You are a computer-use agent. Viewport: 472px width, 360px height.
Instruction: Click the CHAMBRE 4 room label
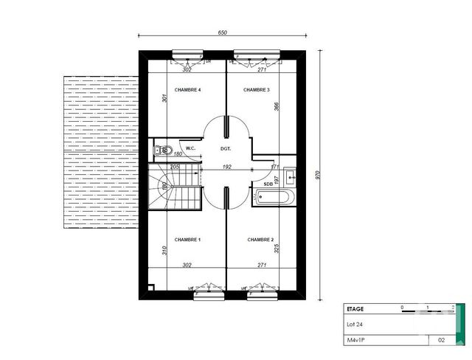[187, 90]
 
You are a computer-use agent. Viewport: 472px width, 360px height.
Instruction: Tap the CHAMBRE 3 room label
[257, 90]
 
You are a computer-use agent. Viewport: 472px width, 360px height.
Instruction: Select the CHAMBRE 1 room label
[187, 240]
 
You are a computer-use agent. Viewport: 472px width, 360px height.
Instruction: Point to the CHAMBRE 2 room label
[260, 240]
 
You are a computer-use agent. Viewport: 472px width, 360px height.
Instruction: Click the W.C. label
[190, 149]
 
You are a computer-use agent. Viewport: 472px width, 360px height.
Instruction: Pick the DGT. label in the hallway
[226, 149]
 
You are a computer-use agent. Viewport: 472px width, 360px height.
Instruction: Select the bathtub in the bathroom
[274, 197]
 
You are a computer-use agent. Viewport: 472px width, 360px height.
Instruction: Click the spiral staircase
[175, 188]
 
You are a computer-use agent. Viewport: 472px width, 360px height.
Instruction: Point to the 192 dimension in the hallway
[227, 167]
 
